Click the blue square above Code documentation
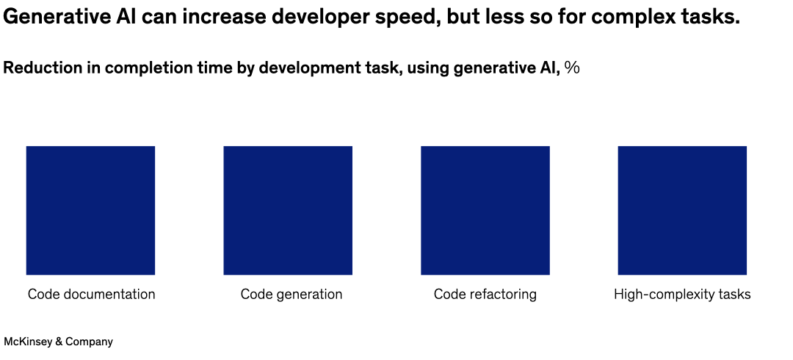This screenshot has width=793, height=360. (x=90, y=210)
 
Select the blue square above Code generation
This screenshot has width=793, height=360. (x=288, y=210)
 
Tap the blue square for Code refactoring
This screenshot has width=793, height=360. (x=485, y=210)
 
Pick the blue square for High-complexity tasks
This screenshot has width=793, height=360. (x=682, y=210)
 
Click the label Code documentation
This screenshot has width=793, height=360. (x=92, y=295)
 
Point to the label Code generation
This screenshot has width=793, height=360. (x=292, y=295)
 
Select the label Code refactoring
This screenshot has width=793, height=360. (x=485, y=295)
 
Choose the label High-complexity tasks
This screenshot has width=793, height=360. (x=682, y=295)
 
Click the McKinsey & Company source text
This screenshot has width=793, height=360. (x=59, y=342)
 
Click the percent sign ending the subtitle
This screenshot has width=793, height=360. (x=572, y=68)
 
